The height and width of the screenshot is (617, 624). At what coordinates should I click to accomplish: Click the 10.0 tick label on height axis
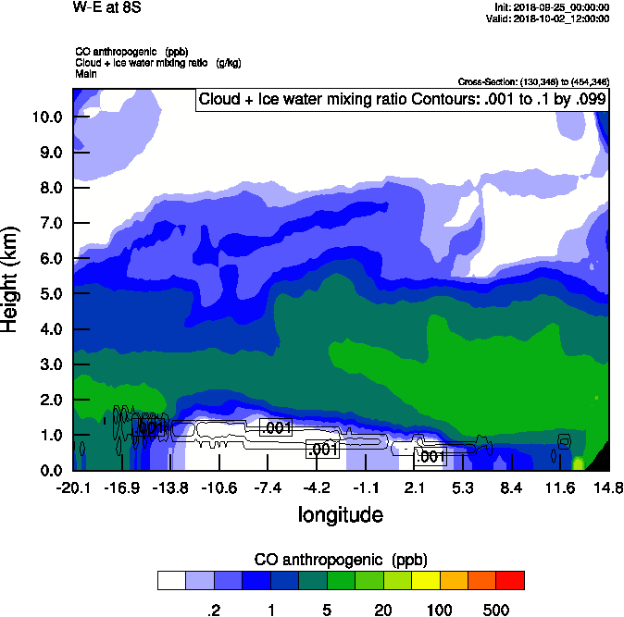click(x=47, y=117)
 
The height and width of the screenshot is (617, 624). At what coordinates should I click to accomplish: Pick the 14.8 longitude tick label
click(x=608, y=487)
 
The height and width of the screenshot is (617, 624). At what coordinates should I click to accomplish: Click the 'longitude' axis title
click(x=340, y=513)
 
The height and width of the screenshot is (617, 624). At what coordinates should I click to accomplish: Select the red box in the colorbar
click(x=509, y=581)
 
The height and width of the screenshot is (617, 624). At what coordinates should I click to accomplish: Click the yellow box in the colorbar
click(x=425, y=581)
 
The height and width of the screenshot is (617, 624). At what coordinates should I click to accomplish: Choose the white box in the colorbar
click(x=171, y=581)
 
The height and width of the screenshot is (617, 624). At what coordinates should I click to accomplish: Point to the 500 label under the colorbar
click(x=496, y=610)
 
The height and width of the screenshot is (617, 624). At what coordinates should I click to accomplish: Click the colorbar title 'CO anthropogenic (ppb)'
click(x=340, y=560)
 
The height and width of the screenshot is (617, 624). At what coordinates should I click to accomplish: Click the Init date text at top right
click(x=552, y=7)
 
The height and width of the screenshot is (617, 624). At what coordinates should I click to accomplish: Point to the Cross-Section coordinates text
click(x=533, y=82)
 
